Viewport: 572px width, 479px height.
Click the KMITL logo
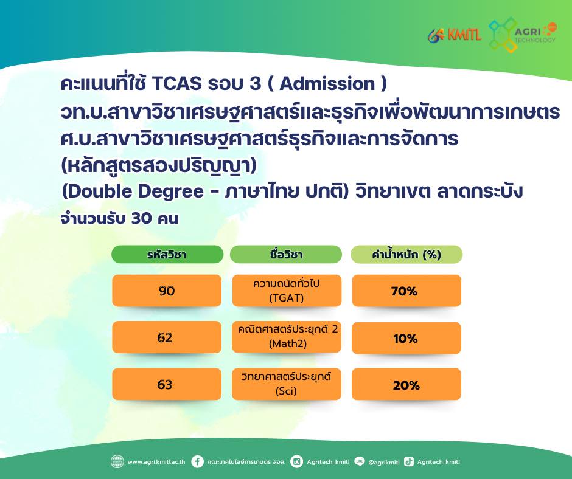click(454, 35)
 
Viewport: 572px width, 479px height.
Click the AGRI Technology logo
click(522, 35)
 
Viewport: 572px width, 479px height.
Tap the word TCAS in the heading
click(176, 83)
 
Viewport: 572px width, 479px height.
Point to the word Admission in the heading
click(327, 83)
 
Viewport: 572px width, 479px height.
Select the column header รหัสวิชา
click(167, 254)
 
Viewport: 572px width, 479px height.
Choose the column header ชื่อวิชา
click(286, 254)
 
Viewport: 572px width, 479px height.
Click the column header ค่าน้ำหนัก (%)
click(406, 254)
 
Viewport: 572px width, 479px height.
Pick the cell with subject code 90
click(167, 291)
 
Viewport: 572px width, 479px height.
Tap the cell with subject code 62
click(167, 337)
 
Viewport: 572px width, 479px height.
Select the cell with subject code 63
click(167, 384)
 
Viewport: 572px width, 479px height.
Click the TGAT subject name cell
click(287, 291)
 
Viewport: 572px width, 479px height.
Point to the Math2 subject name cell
click(287, 337)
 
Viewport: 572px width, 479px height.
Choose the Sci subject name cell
click(287, 384)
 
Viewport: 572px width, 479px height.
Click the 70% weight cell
click(406, 291)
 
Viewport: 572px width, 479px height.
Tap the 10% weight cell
click(406, 338)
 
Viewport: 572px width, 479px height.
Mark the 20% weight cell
click(406, 384)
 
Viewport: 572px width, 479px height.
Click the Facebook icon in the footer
click(197, 461)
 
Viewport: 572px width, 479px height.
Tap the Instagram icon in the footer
click(296, 461)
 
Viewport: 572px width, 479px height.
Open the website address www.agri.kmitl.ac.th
click(156, 462)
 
